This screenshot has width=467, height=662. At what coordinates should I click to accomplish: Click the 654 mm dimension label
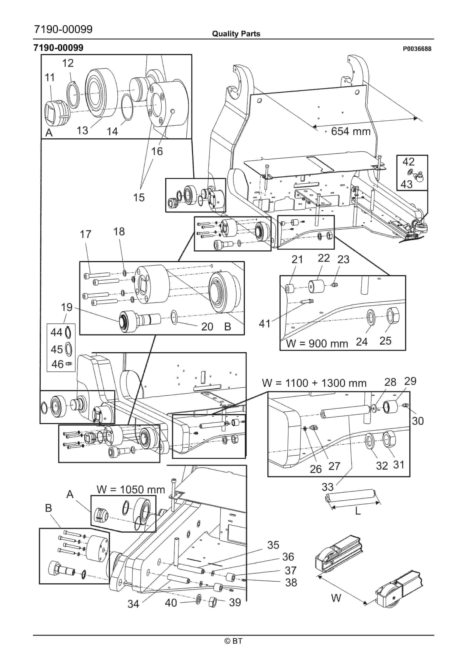(x=350, y=131)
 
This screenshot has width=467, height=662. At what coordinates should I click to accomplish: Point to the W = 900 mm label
(x=317, y=344)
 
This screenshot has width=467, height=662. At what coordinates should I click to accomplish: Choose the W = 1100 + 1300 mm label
(x=314, y=383)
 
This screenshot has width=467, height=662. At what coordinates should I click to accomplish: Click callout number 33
(x=327, y=487)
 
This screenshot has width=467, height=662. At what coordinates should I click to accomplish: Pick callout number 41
(x=265, y=324)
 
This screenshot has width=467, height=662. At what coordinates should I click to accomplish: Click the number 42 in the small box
(x=408, y=162)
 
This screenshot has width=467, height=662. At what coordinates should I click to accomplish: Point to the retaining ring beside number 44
(x=68, y=332)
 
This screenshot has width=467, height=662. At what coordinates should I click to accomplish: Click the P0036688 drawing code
(x=417, y=49)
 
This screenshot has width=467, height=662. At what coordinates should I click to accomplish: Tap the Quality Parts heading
(x=236, y=34)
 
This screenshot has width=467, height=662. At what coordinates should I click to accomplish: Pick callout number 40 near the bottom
(x=171, y=603)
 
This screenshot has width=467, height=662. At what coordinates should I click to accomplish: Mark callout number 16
(x=157, y=151)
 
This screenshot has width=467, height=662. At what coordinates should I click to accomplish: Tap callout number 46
(x=57, y=364)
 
